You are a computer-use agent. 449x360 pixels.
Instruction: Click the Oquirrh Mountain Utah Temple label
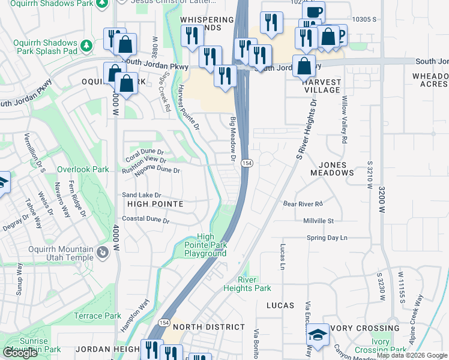[x=52, y=253]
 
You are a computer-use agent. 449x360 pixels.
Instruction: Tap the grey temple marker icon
[x=103, y=254]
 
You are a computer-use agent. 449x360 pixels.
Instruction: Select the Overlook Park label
[x=83, y=170]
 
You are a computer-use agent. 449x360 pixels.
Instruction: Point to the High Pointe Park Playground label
[x=205, y=245]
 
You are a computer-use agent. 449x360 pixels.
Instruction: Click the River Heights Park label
[x=255, y=284]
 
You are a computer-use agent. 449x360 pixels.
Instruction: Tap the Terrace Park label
[x=97, y=316]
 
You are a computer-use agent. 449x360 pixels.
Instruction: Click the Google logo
[x=20, y=353]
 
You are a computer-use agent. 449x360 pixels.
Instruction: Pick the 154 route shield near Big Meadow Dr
[x=246, y=163]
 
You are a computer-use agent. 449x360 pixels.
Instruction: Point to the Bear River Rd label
[x=303, y=204]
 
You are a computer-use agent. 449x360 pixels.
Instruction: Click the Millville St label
[x=319, y=221]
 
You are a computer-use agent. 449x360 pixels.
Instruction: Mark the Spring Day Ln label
[x=327, y=238]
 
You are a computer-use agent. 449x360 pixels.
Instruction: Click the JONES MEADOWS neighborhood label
[x=332, y=168]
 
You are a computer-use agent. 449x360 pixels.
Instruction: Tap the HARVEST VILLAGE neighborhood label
[x=322, y=86]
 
